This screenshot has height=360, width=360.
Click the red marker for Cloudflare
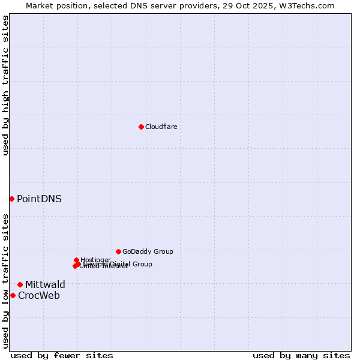tap(141, 127)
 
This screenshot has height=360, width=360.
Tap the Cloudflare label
tap(161, 127)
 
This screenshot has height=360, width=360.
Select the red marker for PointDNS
tap(11, 199)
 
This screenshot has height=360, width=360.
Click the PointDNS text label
tap(39, 199)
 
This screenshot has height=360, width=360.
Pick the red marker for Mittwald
tap(20, 284)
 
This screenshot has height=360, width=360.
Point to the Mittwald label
tap(45, 284)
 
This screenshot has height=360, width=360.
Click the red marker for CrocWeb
tap(13, 295)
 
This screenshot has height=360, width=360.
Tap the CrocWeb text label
tap(39, 295)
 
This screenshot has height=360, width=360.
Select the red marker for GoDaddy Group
tap(118, 251)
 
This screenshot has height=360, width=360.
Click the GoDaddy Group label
tap(148, 251)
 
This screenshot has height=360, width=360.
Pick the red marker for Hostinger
tap(76, 260)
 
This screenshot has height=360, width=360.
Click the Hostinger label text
tap(96, 260)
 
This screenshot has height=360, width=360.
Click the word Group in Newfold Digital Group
tap(142, 264)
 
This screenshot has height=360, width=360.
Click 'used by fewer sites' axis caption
tap(62, 355)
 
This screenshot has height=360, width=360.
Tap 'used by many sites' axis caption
tap(301, 355)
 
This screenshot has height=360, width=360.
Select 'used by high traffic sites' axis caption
tap(5, 85)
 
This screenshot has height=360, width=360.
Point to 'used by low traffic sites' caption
tap(5, 281)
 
